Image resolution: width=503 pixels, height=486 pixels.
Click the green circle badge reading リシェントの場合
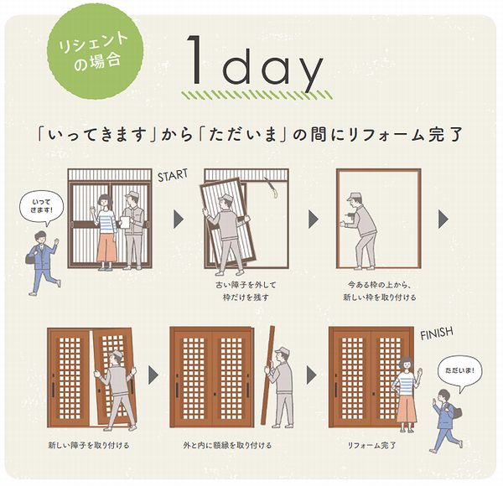(x=96, y=52)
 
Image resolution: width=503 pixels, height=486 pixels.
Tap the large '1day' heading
(x=255, y=61)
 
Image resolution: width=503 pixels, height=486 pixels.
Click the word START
(x=173, y=176)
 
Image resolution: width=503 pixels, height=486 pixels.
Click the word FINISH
(x=437, y=333)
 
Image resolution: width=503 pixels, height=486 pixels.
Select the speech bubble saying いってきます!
(x=42, y=208)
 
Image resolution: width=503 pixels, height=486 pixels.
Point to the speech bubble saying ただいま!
(x=459, y=373)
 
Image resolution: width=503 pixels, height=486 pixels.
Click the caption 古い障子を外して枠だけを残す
(x=246, y=291)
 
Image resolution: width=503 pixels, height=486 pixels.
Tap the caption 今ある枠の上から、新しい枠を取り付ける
(x=380, y=291)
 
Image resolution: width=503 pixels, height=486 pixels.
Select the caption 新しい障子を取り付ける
(x=89, y=445)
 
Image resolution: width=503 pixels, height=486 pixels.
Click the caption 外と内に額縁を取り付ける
(x=227, y=445)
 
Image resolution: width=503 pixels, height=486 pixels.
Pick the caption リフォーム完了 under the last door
(x=371, y=445)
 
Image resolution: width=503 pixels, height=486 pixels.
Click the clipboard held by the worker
(x=124, y=222)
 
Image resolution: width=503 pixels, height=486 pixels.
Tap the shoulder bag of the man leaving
(x=30, y=258)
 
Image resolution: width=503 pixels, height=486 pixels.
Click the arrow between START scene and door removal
(x=179, y=220)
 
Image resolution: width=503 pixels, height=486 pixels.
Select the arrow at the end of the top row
(x=443, y=220)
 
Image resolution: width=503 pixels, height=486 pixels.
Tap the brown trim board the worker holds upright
(x=268, y=375)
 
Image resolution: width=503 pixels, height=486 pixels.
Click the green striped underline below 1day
(x=257, y=95)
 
